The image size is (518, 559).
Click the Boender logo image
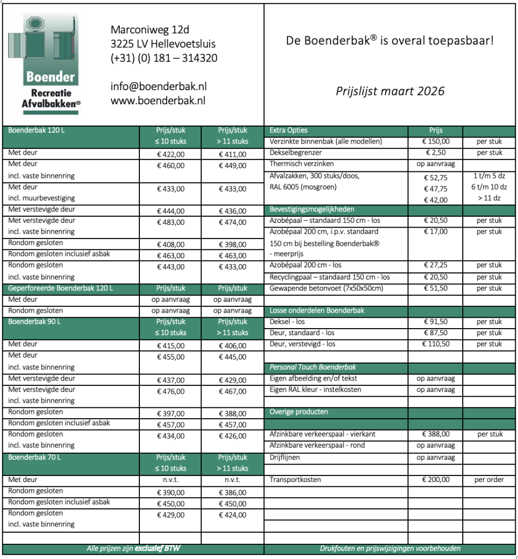(50, 64)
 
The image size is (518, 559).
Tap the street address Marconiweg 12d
(150, 29)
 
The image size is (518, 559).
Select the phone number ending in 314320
(163, 57)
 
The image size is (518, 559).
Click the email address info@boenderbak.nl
(158, 86)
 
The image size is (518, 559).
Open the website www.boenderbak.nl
(157, 100)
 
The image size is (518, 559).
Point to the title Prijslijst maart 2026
(390, 91)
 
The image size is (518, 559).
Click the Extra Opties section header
(289, 130)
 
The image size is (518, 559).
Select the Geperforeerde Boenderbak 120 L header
(61, 288)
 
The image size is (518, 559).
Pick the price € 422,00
(171, 154)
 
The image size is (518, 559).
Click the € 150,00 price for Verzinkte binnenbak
(435, 142)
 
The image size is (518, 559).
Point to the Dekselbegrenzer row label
(296, 153)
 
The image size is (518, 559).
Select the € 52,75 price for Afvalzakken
(435, 178)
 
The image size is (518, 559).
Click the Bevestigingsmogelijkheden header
(312, 209)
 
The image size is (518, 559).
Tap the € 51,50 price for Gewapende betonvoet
(435, 288)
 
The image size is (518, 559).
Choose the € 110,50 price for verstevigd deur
(435, 344)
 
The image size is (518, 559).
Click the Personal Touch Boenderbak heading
(313, 367)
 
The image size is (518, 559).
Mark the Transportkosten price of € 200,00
(435, 480)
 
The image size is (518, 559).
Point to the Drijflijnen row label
(285, 457)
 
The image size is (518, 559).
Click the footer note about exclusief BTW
(133, 549)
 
